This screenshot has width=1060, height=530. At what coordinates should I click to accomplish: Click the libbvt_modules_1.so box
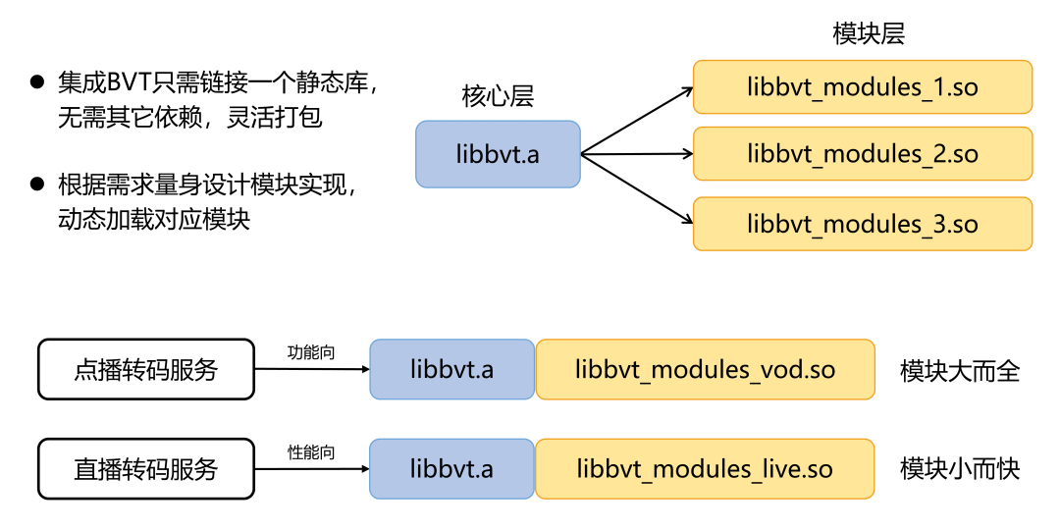[862, 87]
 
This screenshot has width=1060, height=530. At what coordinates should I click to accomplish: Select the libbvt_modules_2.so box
[862, 154]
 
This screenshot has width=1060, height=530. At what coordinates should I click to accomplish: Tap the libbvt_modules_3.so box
[862, 224]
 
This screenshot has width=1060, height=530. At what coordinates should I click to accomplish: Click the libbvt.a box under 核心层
[498, 154]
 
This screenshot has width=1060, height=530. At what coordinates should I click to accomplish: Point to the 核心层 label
[498, 96]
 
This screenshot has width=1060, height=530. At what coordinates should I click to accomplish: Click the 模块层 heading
[868, 34]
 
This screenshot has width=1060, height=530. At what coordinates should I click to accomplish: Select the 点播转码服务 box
[145, 370]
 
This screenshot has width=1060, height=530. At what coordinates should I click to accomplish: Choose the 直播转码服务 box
[145, 469]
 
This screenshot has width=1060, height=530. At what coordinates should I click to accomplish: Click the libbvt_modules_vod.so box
[705, 370]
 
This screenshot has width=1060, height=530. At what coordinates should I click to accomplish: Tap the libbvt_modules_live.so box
[705, 469]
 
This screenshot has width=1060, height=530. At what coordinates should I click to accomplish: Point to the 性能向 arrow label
[311, 452]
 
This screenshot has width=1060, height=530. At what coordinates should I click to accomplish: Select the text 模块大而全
[960, 371]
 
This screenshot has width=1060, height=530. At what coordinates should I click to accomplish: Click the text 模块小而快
[960, 469]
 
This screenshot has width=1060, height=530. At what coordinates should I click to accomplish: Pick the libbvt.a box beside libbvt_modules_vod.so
[451, 370]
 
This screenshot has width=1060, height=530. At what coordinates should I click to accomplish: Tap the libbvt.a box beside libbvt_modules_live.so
[451, 469]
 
